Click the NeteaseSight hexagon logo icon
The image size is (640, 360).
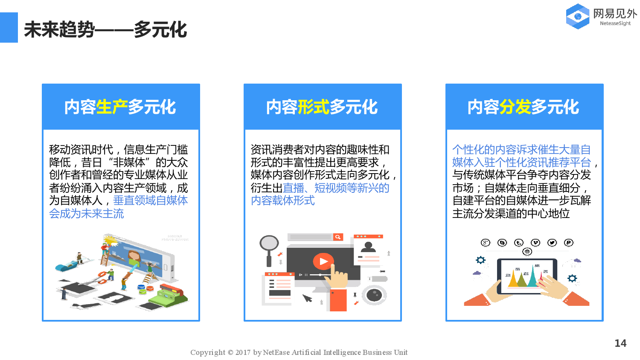tap(578, 16)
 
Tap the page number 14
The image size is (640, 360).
tap(620, 343)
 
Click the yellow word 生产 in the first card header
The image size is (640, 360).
tap(112, 107)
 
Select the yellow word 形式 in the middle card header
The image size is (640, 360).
tap(314, 107)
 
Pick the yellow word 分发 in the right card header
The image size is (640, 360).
tap(515, 107)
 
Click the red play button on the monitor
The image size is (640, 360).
tap(323, 261)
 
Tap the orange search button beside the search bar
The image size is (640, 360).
tap(338, 237)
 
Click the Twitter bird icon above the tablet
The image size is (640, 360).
tap(552, 243)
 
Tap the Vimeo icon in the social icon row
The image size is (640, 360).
tap(535, 243)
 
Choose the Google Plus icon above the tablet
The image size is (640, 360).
tap(486, 243)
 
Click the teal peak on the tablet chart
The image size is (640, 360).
tap(532, 276)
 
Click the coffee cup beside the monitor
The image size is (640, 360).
tap(374, 295)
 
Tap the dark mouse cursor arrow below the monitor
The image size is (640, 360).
tap(307, 298)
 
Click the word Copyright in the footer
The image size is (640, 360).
tap(207, 352)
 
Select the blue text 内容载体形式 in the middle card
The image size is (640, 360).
tap(282, 200)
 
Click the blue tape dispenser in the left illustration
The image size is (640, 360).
tap(66, 267)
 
